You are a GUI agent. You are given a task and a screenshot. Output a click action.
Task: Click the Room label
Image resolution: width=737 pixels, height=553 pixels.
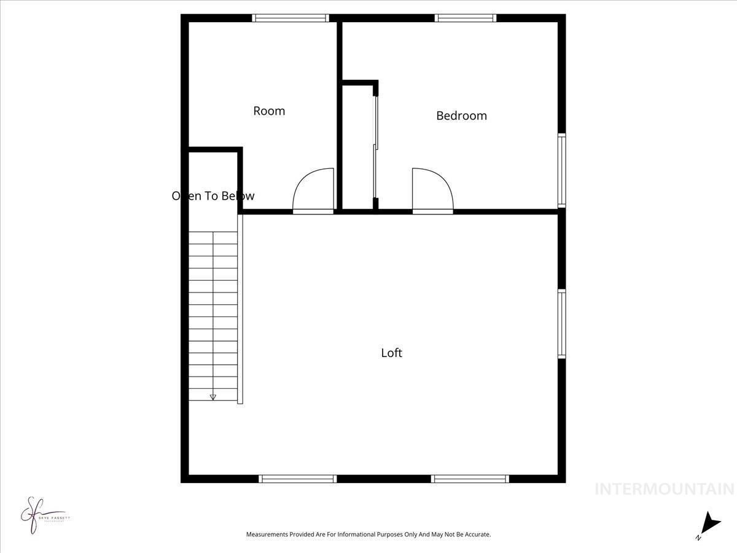(x=269, y=111)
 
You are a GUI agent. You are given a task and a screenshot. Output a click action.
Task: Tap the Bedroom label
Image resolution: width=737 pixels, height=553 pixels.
(x=461, y=116)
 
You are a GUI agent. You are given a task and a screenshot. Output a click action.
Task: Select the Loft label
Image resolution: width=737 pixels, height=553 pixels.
(x=392, y=353)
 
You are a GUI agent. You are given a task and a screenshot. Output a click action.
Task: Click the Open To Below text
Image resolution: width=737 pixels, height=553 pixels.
(x=213, y=196)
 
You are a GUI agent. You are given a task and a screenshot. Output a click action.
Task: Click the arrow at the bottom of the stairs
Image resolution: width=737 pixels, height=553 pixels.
(x=213, y=397)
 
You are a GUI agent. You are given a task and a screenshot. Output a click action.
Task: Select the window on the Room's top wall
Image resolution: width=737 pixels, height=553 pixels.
(x=291, y=18)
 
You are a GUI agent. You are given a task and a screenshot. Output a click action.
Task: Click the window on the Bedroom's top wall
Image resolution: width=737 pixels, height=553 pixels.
(x=466, y=18)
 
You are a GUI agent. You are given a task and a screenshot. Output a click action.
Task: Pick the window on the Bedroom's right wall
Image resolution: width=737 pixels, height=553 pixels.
(x=561, y=170)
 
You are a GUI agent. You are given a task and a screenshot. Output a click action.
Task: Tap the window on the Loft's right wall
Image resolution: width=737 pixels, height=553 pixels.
(x=561, y=324)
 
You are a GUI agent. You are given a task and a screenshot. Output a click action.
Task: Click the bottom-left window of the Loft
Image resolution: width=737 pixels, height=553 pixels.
(x=298, y=479)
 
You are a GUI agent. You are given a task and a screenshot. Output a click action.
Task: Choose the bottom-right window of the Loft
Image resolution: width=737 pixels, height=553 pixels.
(x=470, y=479)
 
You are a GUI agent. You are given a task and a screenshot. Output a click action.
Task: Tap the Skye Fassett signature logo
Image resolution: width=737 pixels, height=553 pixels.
(x=43, y=515)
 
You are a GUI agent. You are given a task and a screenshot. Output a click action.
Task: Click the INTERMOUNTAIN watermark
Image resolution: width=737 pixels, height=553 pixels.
(x=665, y=489)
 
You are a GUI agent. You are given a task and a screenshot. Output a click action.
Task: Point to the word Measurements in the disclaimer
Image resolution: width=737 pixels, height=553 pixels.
(x=268, y=535)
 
